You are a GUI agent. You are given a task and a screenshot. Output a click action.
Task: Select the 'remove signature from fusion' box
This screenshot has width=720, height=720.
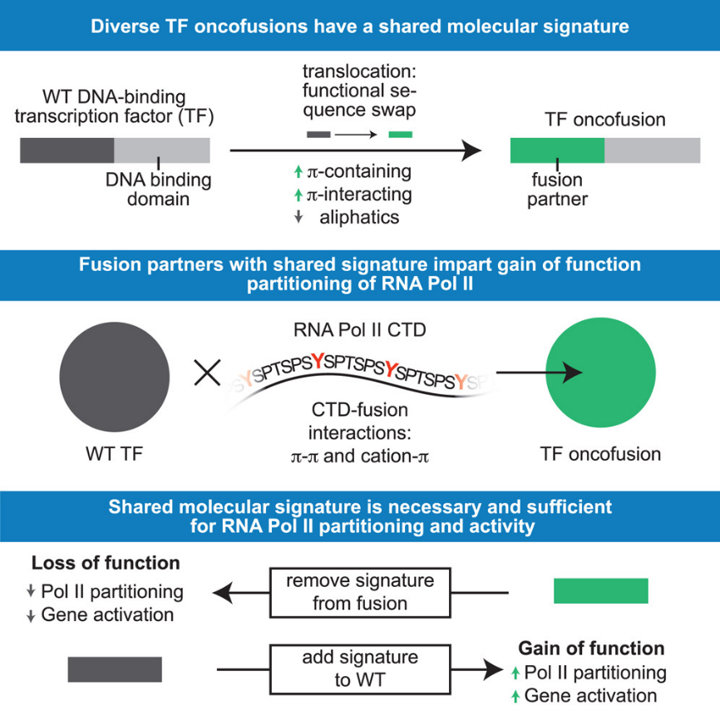point(360,592)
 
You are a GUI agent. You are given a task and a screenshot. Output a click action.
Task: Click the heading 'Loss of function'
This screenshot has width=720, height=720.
point(106,563)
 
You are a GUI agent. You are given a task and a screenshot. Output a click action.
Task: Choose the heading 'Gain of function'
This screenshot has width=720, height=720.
point(591,648)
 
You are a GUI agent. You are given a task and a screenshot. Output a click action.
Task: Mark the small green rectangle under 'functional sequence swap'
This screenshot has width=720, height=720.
point(400,134)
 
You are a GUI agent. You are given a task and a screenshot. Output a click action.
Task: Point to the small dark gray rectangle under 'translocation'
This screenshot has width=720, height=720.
point(319,134)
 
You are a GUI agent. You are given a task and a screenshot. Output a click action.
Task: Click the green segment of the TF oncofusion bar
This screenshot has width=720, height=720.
point(557,150)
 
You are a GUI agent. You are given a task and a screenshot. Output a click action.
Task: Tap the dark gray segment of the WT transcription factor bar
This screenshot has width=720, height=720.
point(67,150)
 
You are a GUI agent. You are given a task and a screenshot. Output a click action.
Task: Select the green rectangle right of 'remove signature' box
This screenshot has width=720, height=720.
point(600,590)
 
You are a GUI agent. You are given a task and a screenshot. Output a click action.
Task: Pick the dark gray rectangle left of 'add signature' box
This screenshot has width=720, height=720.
point(115,668)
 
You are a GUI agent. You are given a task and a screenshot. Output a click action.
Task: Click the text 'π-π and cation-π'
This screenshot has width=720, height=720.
point(360,455)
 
